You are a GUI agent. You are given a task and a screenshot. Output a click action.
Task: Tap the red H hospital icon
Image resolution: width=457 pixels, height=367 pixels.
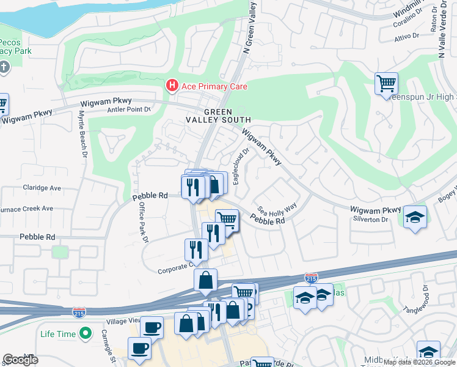tap(172, 86)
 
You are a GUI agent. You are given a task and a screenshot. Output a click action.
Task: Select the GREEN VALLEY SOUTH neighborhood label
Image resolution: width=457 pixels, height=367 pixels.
tap(219, 116)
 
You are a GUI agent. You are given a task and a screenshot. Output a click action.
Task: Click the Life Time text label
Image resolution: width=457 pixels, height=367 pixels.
tap(58, 334)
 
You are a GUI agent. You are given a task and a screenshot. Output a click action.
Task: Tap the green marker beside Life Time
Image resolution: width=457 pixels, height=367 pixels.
tap(86, 334)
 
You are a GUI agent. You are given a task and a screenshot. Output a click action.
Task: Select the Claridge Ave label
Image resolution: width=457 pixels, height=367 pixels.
tap(42, 188)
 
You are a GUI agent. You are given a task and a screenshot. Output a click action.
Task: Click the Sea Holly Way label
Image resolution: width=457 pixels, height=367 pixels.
tap(277, 207)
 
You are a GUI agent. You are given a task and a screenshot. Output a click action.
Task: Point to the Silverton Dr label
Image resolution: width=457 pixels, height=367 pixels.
tap(371, 219)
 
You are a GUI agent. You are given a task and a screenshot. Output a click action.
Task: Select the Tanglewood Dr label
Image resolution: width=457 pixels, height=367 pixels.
tap(422, 293)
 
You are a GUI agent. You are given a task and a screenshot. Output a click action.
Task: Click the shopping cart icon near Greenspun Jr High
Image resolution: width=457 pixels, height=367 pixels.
tap(386, 83)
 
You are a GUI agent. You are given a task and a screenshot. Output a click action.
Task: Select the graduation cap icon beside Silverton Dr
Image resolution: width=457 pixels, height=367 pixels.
tap(415, 217)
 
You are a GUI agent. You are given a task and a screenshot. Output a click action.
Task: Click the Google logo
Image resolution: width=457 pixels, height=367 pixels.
tap(21, 360)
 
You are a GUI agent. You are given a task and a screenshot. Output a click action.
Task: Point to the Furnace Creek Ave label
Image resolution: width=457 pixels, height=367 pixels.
tap(27, 209)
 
